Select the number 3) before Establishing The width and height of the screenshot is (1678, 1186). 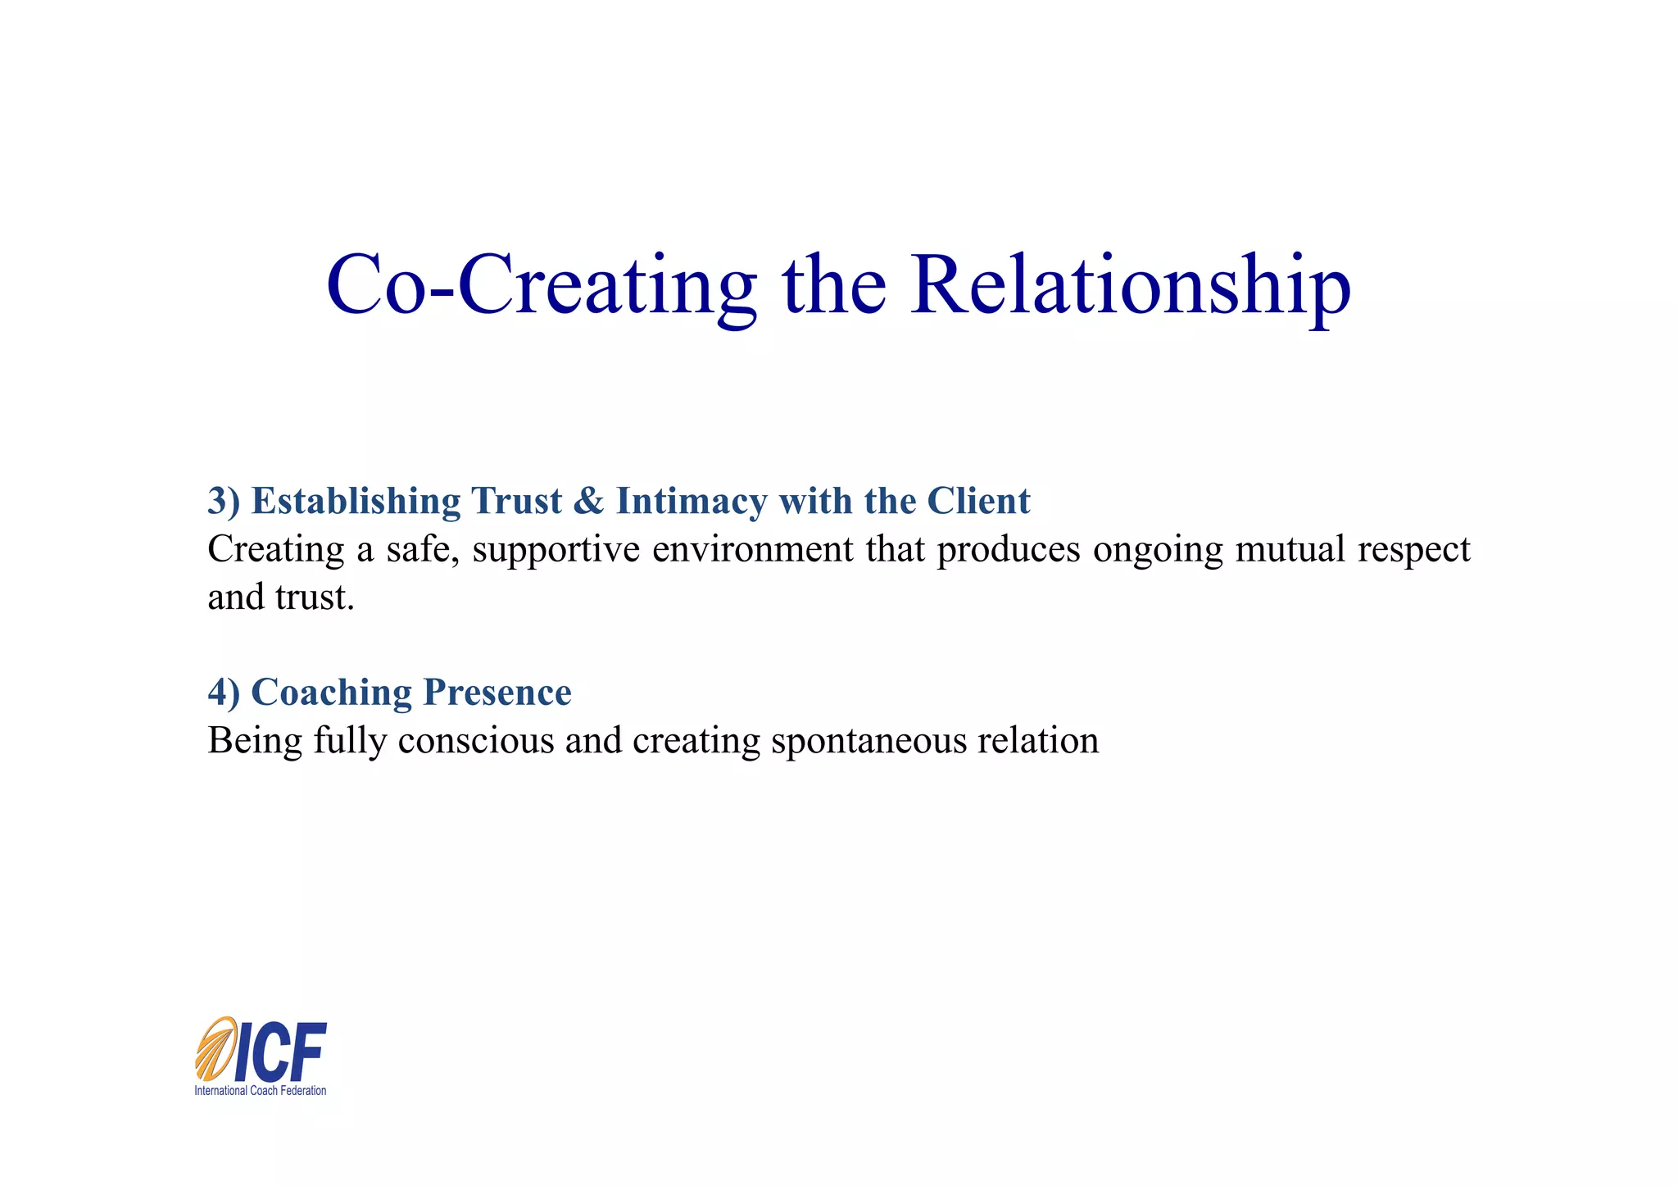pos(224,502)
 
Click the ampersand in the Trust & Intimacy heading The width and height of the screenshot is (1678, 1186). pos(588,502)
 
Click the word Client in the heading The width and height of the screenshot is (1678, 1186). pos(978,502)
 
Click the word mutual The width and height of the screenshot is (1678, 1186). pos(1290,550)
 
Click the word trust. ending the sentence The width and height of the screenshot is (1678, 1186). pos(315,598)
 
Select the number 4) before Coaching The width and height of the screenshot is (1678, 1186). pos(224,693)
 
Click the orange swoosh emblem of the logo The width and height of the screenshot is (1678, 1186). pos(215,1049)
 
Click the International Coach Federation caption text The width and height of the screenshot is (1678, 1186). pos(260,1091)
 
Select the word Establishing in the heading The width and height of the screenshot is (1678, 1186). pos(356,502)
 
